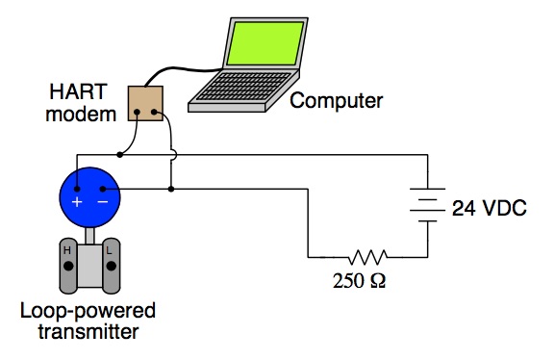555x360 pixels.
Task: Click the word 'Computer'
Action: [336, 100]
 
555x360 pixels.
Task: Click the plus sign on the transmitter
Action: [78, 203]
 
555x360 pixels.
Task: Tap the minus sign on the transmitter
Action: [102, 203]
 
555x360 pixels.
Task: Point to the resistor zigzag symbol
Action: [367, 257]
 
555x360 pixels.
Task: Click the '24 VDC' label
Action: [489, 208]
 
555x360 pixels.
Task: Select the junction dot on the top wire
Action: [119, 153]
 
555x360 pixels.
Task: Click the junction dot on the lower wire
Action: [171, 190]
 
